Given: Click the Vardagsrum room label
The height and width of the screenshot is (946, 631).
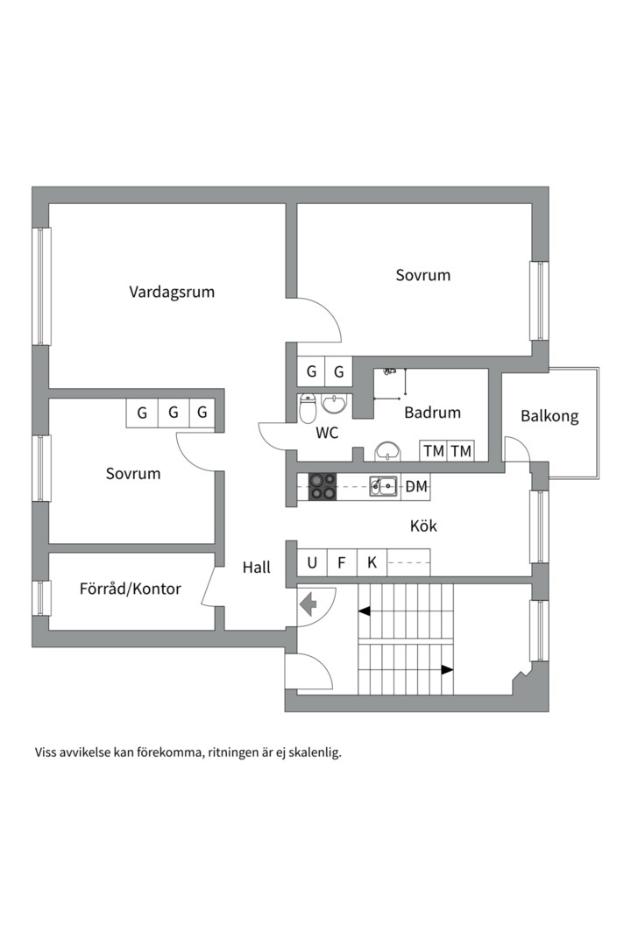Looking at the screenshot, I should [172, 292].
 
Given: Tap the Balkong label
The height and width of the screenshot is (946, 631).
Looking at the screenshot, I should [549, 416].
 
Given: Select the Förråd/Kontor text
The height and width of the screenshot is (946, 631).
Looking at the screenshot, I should [130, 589].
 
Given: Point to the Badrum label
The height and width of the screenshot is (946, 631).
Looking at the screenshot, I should [432, 412].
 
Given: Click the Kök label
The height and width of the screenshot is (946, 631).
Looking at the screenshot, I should [423, 526].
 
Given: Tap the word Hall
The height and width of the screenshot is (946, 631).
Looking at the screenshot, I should [257, 568].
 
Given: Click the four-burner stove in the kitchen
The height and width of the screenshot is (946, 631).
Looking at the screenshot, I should [323, 486].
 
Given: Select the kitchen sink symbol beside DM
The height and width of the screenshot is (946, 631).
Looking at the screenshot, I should [383, 485].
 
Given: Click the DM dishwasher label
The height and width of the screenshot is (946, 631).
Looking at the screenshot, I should [416, 486].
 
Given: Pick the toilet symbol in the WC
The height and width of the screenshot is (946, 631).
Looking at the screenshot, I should [308, 408].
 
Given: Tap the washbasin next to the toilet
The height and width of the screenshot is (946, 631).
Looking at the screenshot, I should [334, 404].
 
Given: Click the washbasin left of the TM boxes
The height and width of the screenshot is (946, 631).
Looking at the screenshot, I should [388, 451].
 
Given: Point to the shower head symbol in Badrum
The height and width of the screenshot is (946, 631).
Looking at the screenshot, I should [390, 373].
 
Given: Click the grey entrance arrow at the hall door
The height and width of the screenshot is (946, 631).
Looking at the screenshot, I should [308, 604].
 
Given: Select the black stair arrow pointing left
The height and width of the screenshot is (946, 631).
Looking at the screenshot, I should [364, 611].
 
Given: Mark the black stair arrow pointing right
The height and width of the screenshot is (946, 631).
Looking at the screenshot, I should [447, 670].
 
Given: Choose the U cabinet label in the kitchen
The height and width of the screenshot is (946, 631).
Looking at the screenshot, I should [312, 562].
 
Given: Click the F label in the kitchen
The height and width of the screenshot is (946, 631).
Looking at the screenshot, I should [342, 562].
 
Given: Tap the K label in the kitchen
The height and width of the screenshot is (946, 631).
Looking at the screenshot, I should [372, 562].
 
